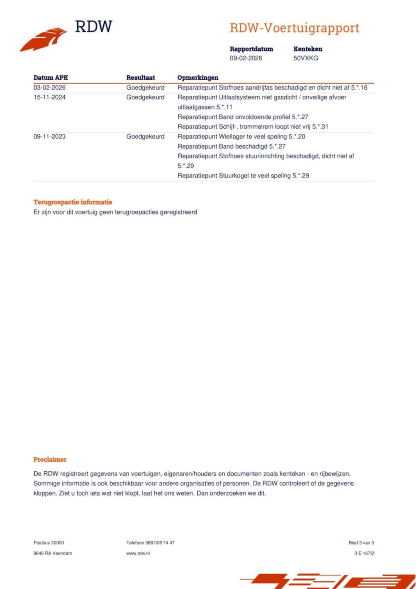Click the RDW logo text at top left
pyautogui.click(x=94, y=27)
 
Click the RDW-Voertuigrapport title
pyautogui.click(x=294, y=28)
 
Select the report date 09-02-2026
pyautogui.click(x=246, y=58)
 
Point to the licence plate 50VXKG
pyautogui.click(x=305, y=58)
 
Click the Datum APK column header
pyautogui.click(x=51, y=78)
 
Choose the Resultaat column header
pyautogui.click(x=140, y=78)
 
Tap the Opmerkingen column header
pyautogui.click(x=198, y=78)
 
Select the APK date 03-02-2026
pyautogui.click(x=49, y=87)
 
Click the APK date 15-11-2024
pyautogui.click(x=49, y=97)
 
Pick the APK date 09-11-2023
pyautogui.click(x=49, y=137)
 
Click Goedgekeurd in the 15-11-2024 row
pyautogui.click(x=145, y=97)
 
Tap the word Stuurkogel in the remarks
pyautogui.click(x=234, y=176)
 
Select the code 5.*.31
pyautogui.click(x=320, y=127)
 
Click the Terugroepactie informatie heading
pyautogui.click(x=73, y=202)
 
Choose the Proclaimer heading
pyautogui.click(x=50, y=459)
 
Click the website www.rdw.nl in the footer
pyautogui.click(x=138, y=553)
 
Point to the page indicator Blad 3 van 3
pyautogui.click(x=361, y=543)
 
